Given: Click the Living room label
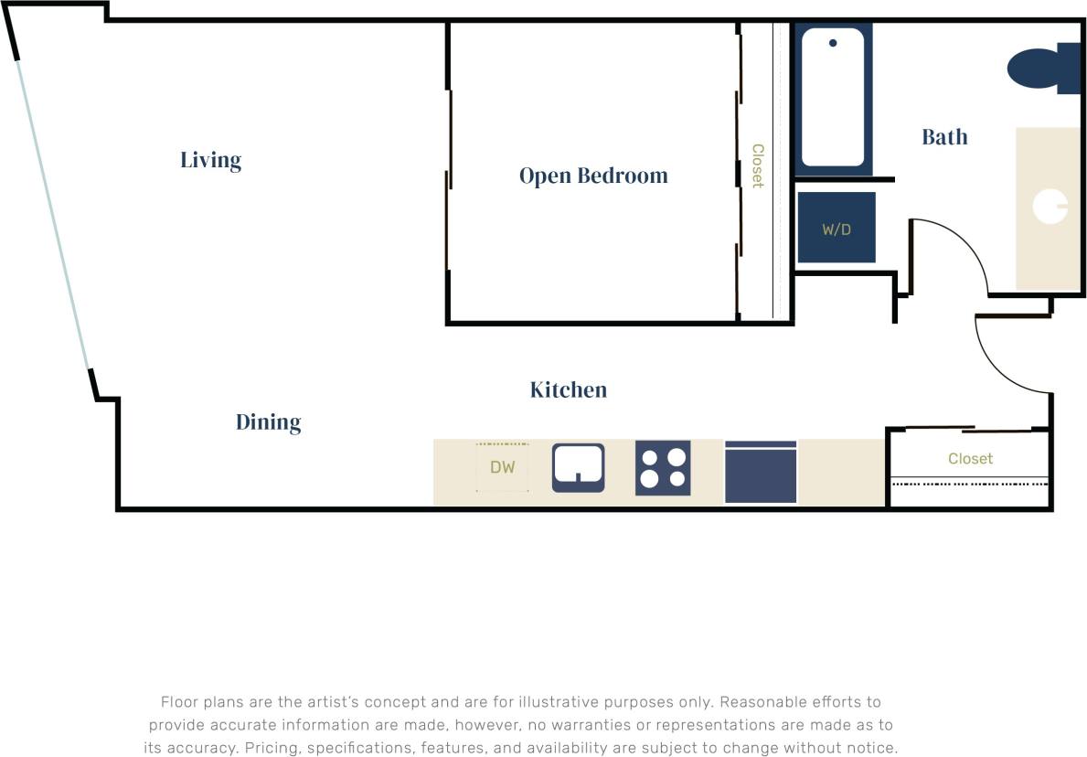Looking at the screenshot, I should [x=210, y=160].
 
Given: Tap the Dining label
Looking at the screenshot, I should [x=268, y=421].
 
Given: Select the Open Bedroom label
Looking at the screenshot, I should [x=592, y=175].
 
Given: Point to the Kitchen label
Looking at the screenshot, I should [x=568, y=389].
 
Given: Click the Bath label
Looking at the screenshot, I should [x=943, y=137].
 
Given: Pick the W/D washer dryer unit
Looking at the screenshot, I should [x=836, y=228].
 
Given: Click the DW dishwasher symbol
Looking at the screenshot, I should [x=502, y=467].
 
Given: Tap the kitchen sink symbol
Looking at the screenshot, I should [x=578, y=466].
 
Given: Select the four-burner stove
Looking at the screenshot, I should [x=663, y=467].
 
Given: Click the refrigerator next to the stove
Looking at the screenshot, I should [x=761, y=472].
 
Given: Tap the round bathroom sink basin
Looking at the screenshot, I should [x=1050, y=206].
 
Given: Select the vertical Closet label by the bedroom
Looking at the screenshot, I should [x=757, y=165].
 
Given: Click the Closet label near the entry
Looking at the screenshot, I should [x=969, y=458].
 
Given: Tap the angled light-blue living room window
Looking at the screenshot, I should [x=52, y=215].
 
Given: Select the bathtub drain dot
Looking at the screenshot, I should [x=832, y=43].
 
